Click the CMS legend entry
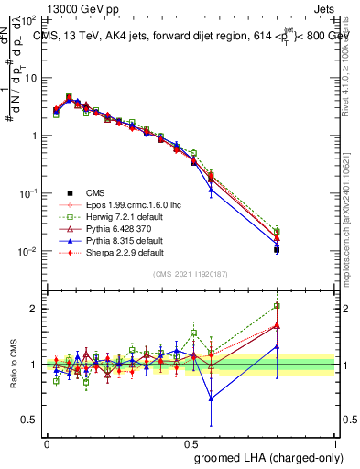[x=95, y=192]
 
